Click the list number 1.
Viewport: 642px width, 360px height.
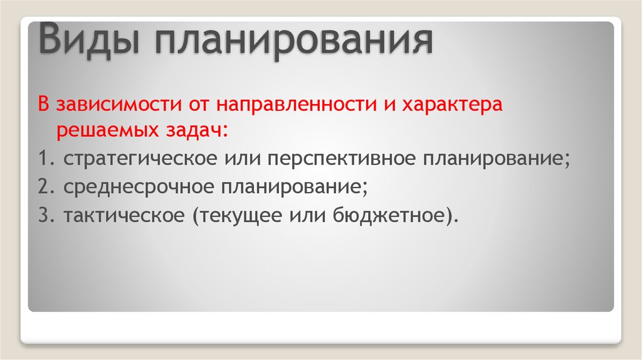43,159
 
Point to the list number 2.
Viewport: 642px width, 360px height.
43,187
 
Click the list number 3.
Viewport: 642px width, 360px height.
43,215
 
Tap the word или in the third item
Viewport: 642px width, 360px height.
304,215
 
